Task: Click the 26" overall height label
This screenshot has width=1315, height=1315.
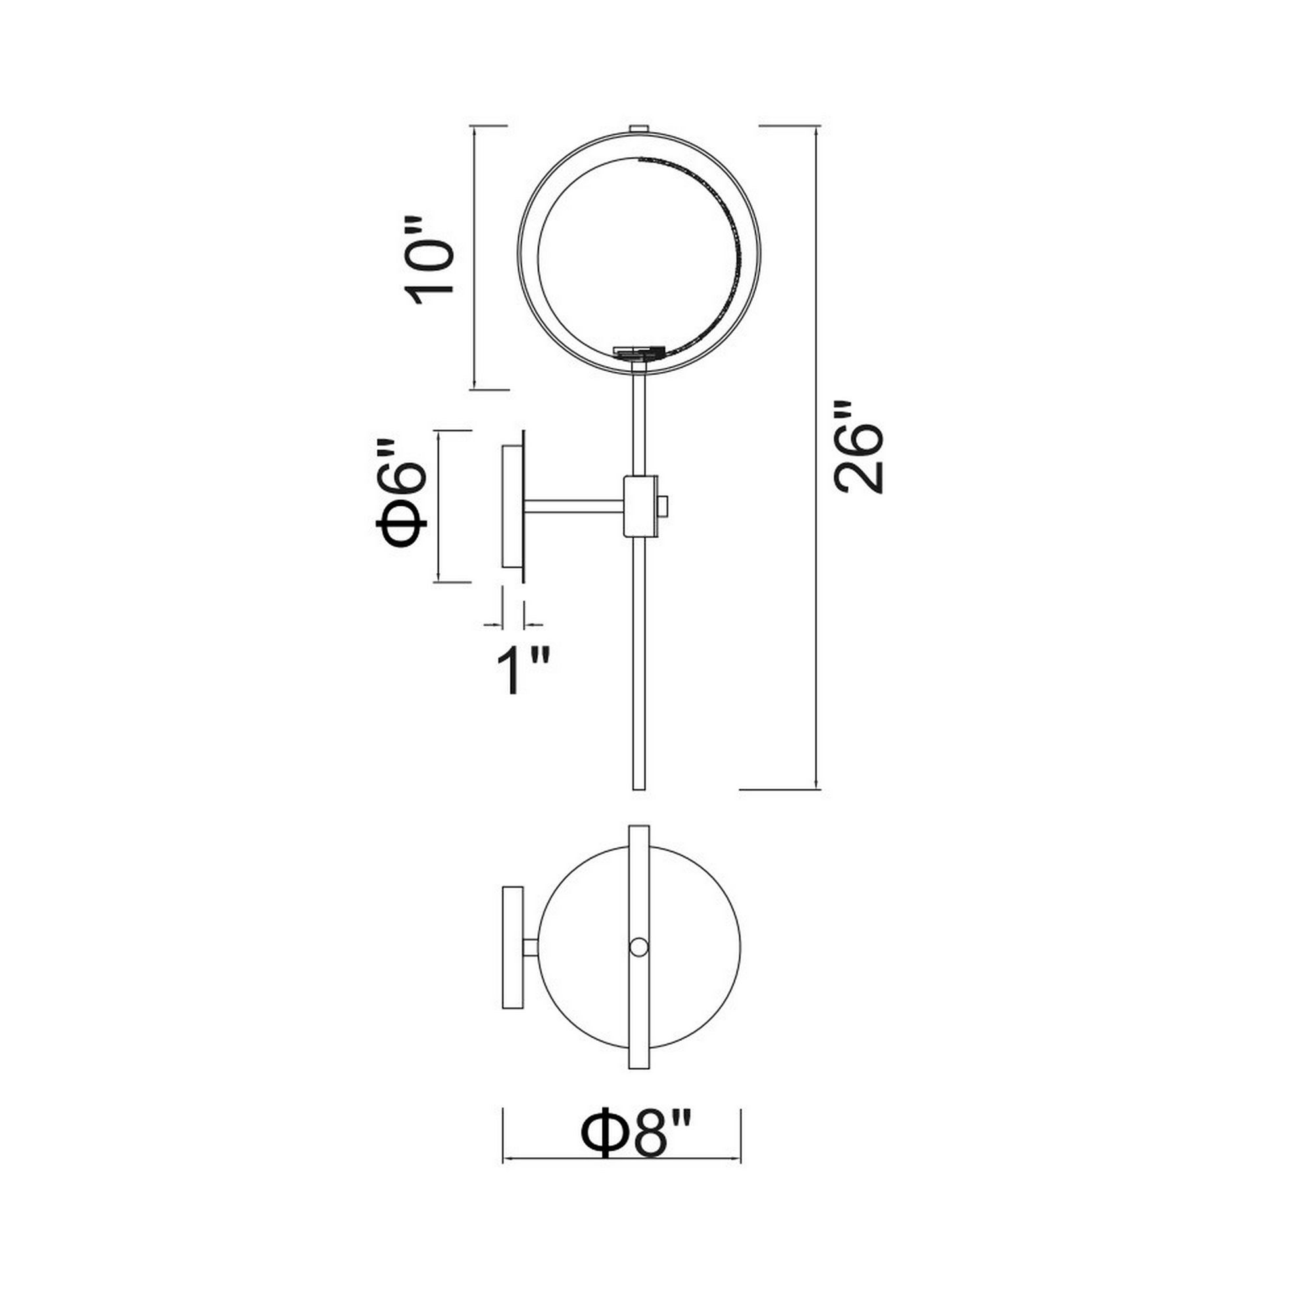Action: (858, 446)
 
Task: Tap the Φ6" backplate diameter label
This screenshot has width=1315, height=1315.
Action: (402, 494)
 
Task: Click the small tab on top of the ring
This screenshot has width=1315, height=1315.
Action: (638, 128)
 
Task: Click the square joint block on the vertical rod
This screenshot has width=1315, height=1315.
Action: (640, 506)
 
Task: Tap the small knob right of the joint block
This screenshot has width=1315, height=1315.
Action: (664, 506)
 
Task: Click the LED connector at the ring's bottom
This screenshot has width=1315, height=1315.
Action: (638, 352)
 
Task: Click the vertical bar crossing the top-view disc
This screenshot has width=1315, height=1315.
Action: (639, 885)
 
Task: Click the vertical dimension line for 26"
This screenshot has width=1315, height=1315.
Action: (817, 544)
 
